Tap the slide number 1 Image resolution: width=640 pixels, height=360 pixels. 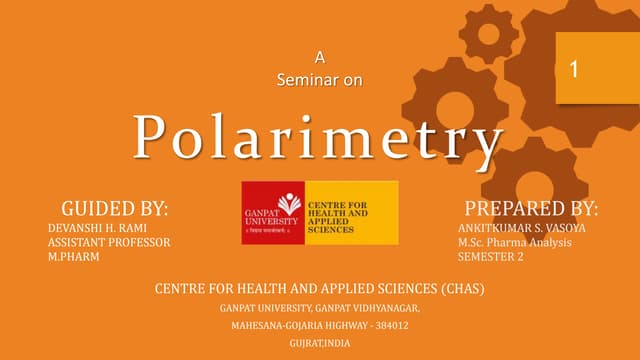point(574,69)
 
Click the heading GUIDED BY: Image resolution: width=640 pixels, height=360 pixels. point(115,208)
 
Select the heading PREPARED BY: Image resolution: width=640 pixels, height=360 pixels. point(531,208)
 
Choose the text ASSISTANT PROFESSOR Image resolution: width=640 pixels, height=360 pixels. point(109,242)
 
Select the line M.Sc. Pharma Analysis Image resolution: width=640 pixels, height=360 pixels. point(513,242)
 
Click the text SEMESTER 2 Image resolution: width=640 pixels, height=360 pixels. point(491,257)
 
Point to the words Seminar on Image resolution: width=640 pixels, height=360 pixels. point(319,80)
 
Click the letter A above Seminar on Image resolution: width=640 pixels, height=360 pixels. point(319,59)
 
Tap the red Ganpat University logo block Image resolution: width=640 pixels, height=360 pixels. point(271,212)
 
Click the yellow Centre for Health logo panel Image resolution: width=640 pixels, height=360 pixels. point(349,212)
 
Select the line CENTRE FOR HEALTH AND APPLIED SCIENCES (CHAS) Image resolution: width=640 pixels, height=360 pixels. point(319,289)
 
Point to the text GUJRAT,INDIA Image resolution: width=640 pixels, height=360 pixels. point(319,343)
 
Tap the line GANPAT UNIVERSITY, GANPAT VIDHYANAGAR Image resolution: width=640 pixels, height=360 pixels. point(319,308)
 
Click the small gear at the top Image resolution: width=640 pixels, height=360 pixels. point(489,34)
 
